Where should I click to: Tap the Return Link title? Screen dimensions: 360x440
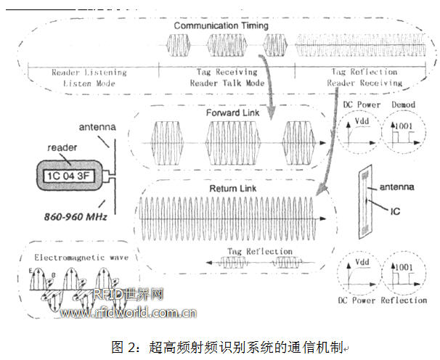tap(227, 189)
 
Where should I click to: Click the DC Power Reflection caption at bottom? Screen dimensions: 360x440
tap(383, 300)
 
